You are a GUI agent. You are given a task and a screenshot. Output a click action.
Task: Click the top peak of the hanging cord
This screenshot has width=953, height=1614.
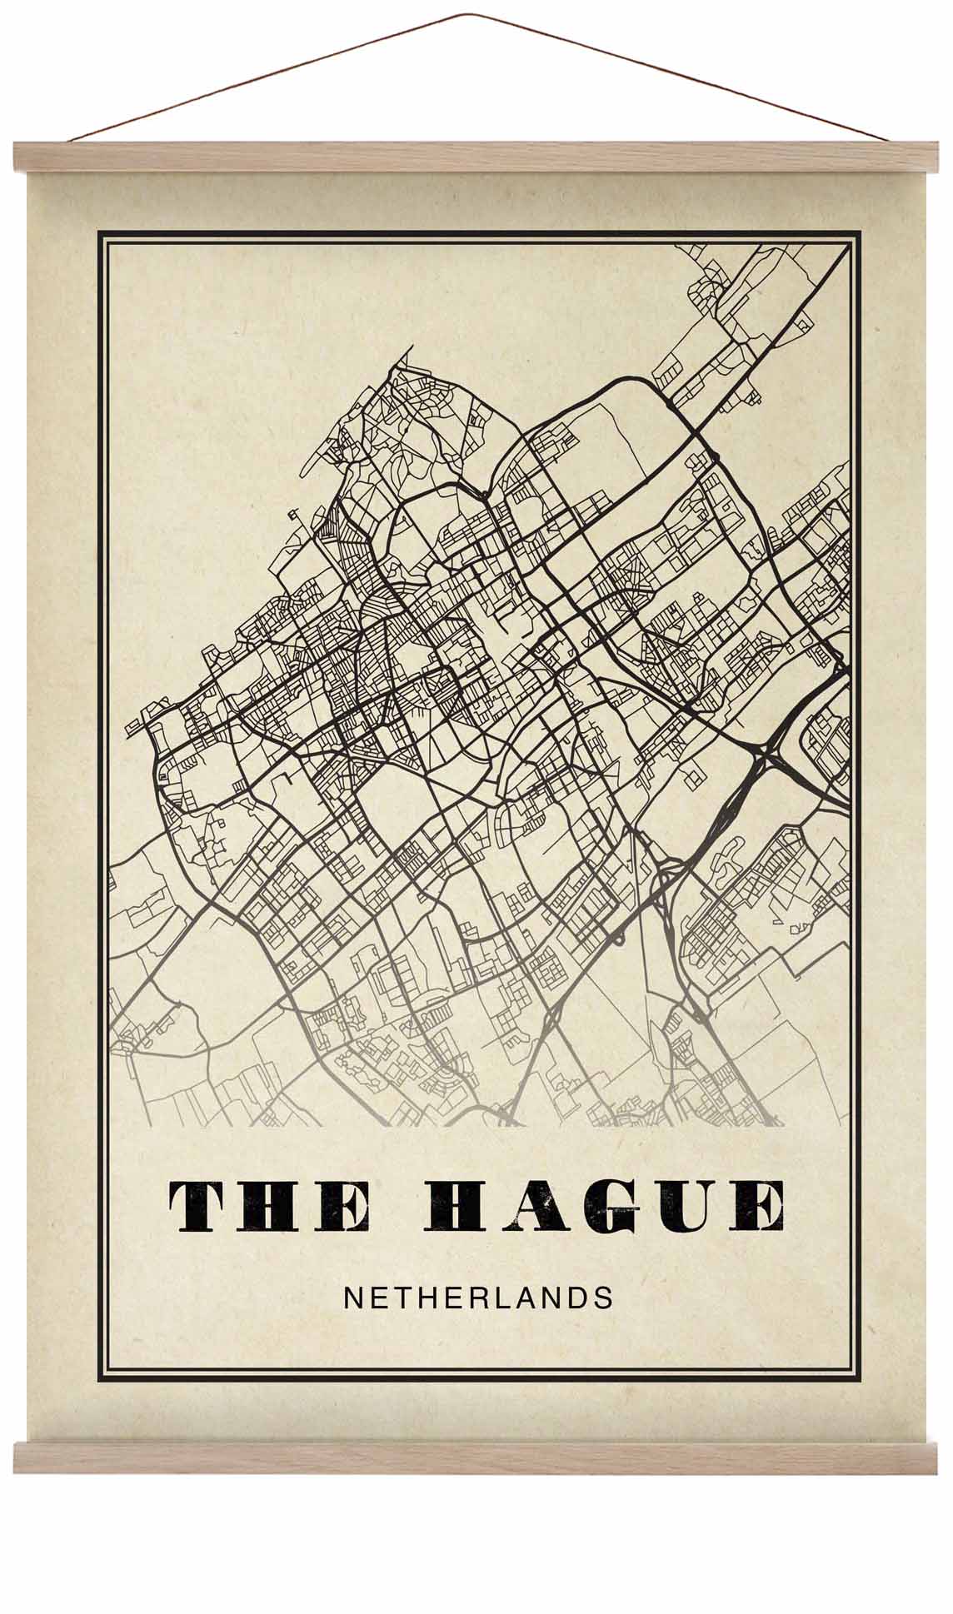(476, 14)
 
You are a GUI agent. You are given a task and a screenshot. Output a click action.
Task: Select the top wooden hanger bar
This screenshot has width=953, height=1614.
(476, 157)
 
